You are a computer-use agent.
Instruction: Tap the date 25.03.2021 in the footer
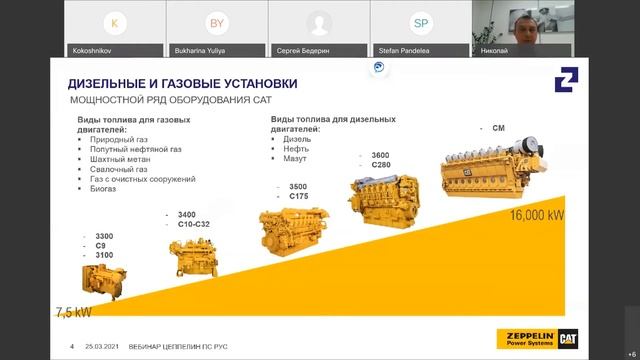[103, 347]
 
